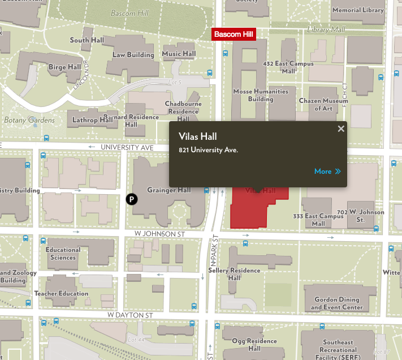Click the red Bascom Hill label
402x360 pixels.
234,35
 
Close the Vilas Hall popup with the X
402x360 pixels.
341,128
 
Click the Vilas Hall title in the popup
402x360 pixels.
198,136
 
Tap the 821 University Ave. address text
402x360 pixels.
208,150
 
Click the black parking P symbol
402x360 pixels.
131,199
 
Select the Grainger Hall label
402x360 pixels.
169,190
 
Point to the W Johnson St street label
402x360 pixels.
161,233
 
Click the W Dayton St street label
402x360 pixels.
131,315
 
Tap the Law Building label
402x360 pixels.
133,55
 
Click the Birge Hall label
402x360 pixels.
64,67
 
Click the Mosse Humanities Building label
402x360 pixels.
261,95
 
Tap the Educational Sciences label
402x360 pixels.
63,254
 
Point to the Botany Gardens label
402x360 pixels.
29,120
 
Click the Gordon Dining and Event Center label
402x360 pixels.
336,303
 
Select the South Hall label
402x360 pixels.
87,40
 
